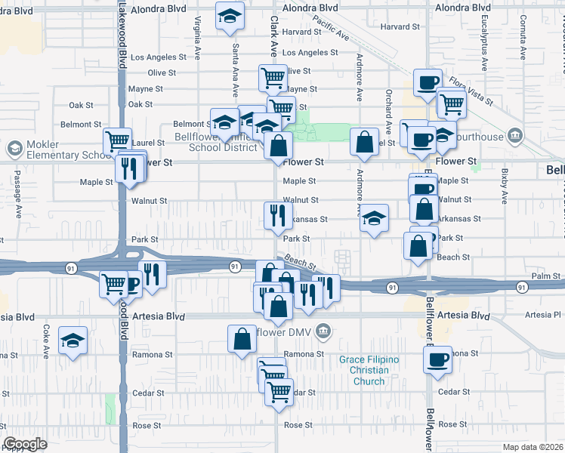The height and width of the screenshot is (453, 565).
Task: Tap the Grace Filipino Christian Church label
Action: point(368,370)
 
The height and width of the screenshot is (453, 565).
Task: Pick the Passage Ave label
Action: point(18,193)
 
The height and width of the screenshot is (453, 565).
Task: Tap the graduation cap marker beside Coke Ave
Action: point(73,339)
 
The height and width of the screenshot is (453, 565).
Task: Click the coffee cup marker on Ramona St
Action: point(437,359)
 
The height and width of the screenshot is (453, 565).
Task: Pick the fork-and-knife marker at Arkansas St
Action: point(278,214)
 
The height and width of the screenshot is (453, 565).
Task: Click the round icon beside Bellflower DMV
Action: point(323,330)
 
